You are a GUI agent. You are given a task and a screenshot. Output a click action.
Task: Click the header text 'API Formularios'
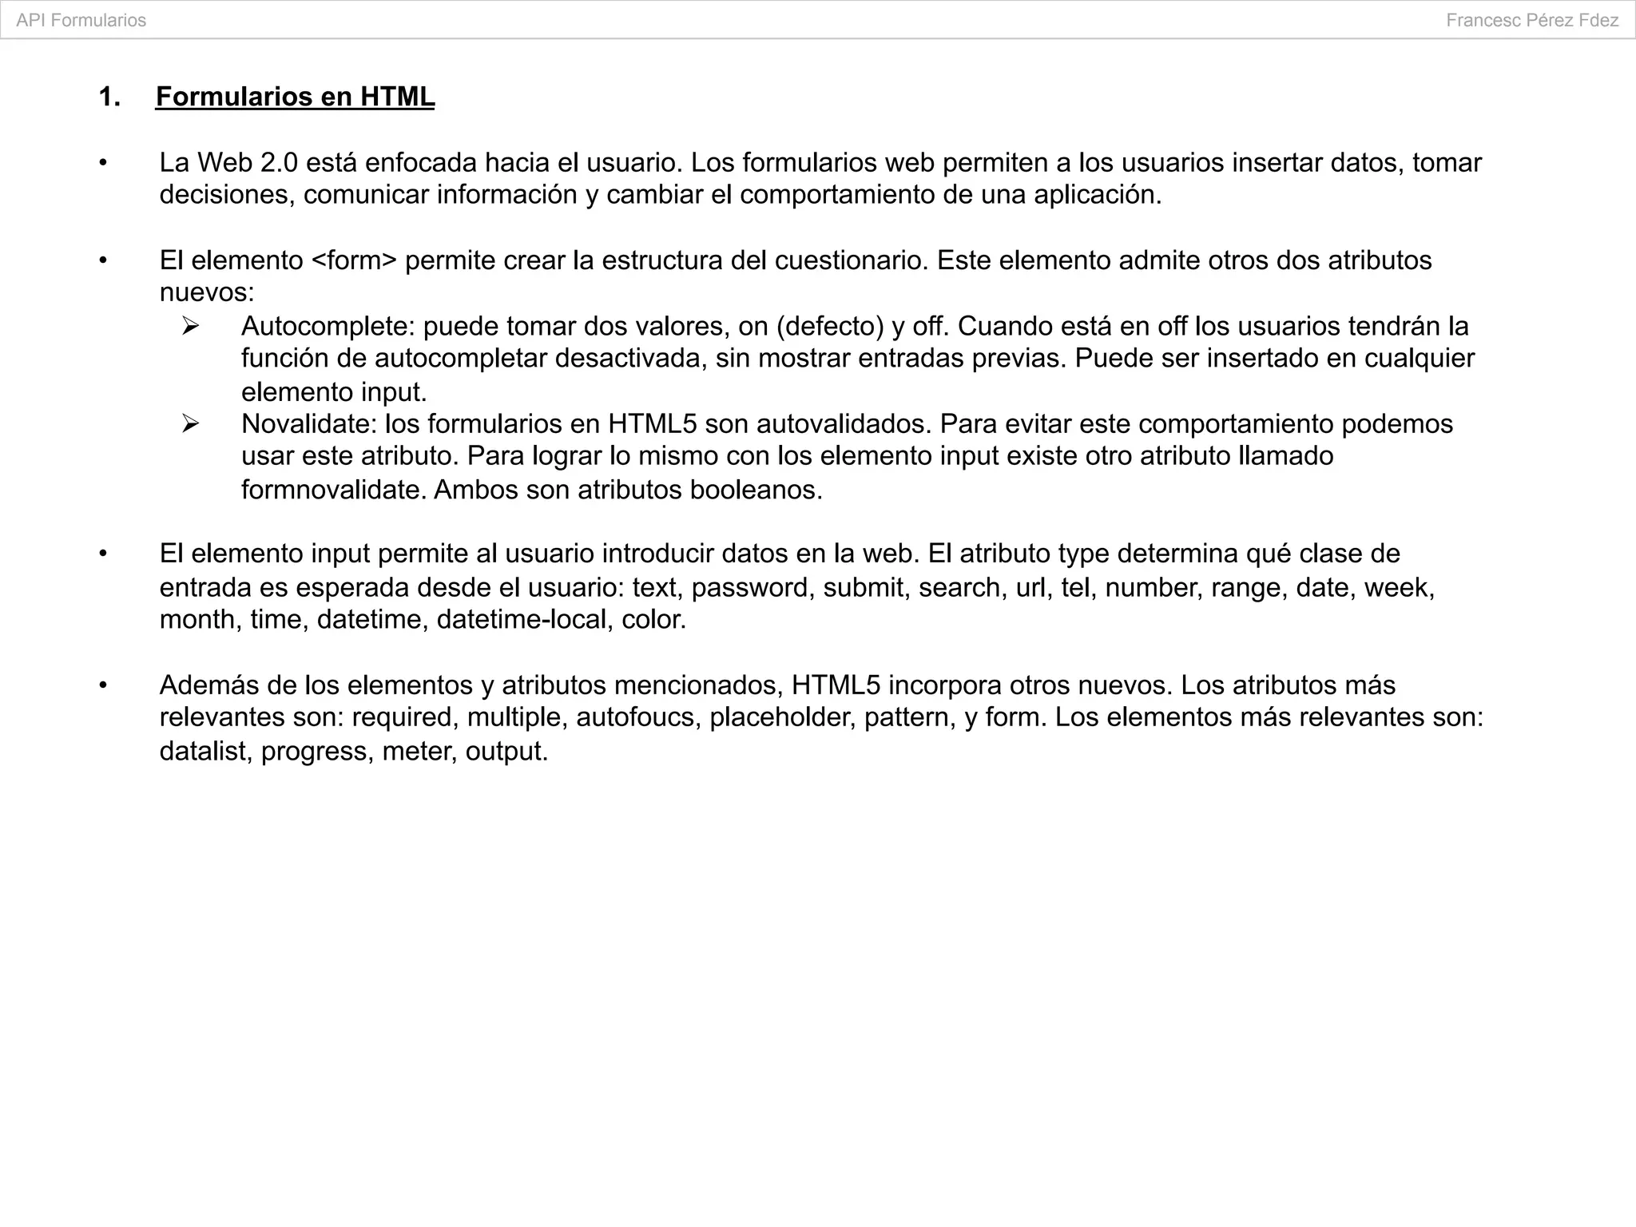pos(81,21)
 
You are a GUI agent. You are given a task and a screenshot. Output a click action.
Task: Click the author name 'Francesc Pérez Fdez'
pos(1532,21)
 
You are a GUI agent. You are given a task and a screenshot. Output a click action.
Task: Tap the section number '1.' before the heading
pos(109,97)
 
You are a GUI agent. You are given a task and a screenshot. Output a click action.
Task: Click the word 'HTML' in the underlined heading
pos(397,97)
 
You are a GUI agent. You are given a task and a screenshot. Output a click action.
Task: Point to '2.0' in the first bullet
pos(279,163)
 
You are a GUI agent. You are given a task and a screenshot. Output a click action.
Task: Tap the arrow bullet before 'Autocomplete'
pos(190,326)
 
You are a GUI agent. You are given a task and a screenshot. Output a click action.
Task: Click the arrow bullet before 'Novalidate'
pos(190,423)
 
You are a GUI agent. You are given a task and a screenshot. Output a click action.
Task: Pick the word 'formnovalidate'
pos(333,490)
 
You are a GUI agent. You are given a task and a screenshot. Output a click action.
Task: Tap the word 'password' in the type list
pos(752,588)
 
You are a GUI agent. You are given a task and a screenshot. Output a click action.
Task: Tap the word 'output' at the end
pos(505,752)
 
